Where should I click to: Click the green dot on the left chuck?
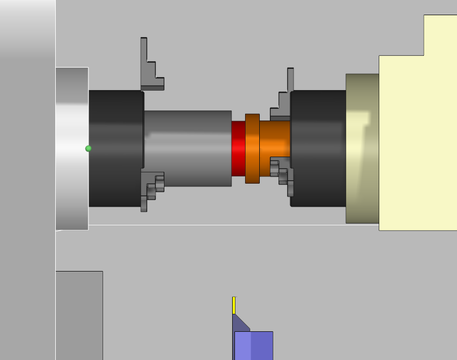(88, 148)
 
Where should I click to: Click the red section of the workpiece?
(238, 148)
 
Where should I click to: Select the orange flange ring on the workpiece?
(252, 148)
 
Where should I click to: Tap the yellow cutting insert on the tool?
(234, 305)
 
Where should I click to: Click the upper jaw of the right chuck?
(285, 96)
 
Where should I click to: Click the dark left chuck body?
(116, 148)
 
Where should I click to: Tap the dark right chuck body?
(318, 148)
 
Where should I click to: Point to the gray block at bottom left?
(79, 315)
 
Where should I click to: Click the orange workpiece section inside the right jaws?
(276, 141)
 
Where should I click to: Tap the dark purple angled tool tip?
(239, 324)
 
